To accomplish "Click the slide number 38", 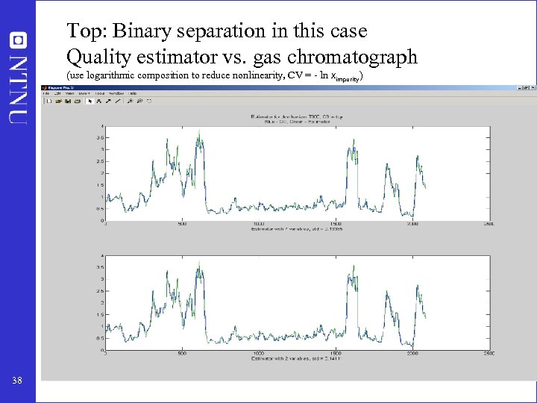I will [x=16, y=381].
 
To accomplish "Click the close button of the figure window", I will [x=530, y=87].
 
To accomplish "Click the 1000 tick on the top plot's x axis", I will [x=259, y=224].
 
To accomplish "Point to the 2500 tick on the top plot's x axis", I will [x=489, y=224].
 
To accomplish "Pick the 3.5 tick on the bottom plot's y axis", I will [x=101, y=266].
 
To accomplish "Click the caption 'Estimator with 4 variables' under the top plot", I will [x=297, y=229].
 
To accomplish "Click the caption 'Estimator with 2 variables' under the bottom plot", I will [x=297, y=359].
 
